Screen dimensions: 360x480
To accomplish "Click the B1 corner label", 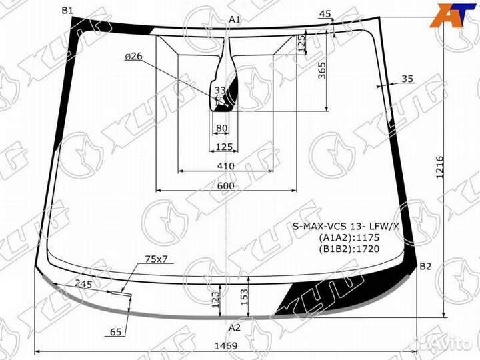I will coord(67,10).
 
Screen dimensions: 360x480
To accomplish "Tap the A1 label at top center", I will coord(234,19).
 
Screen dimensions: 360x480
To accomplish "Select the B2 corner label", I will coord(425,267).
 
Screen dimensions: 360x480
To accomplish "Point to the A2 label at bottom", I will coord(234,327).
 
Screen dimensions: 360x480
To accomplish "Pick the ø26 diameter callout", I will coord(133,57).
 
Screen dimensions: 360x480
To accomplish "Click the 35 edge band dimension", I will coord(407,79).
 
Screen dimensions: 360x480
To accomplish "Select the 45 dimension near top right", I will coord(325,14).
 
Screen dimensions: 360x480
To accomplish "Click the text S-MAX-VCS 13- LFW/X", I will coord(347,226).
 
